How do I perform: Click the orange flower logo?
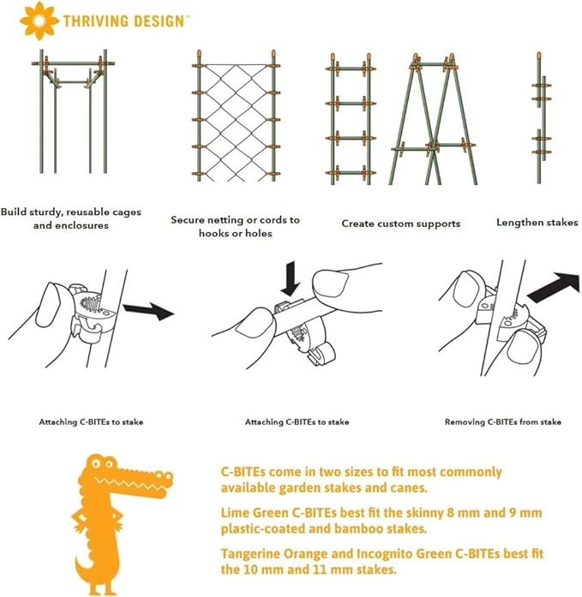click(39, 21)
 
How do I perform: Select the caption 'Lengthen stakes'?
click(537, 223)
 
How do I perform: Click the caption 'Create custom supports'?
click(400, 224)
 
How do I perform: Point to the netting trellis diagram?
click(236, 115)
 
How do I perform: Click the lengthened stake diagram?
click(541, 117)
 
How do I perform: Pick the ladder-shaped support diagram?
click(351, 119)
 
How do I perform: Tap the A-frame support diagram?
click(433, 119)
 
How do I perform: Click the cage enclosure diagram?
click(73, 110)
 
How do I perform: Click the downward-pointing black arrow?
click(291, 278)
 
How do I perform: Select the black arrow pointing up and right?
click(555, 287)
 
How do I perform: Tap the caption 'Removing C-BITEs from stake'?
click(503, 422)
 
